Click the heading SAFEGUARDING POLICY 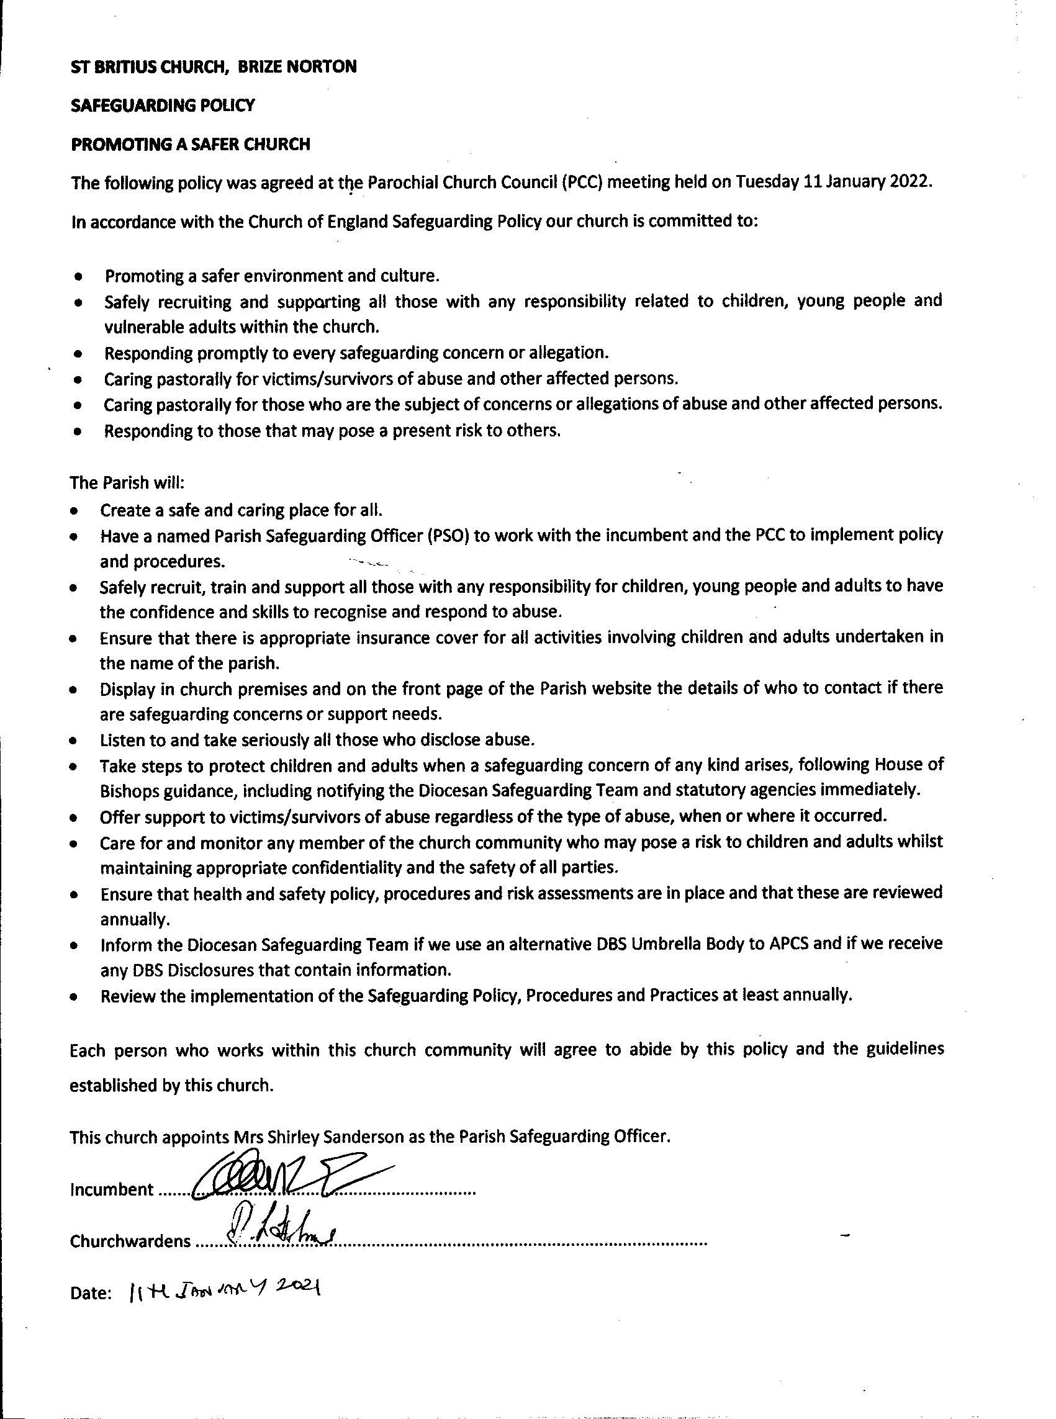click(163, 106)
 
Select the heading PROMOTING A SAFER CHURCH click(191, 145)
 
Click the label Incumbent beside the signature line click(111, 1189)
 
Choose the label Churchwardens click(130, 1241)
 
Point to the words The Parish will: click(127, 482)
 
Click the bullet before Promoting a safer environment click(78, 277)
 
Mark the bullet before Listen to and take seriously click(74, 741)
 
